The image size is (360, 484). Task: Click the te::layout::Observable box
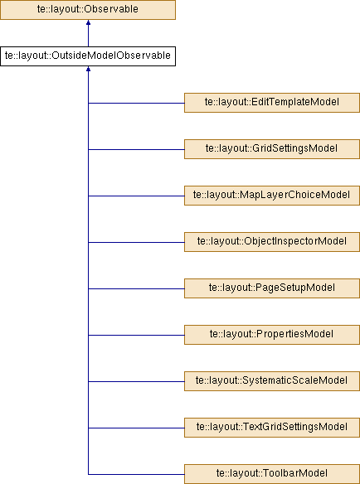88,10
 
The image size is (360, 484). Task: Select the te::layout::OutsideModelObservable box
88,56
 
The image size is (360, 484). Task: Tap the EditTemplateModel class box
272,103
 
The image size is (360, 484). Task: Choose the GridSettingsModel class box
272,149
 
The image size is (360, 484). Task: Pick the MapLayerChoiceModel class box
272,196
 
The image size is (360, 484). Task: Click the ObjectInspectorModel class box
272,242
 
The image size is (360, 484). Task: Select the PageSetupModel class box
272,288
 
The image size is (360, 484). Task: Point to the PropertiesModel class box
272,335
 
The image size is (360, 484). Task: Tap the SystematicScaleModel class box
272,381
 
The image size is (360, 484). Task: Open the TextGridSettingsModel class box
272,428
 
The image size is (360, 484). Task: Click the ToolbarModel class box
272,474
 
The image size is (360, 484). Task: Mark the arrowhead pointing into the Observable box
88,22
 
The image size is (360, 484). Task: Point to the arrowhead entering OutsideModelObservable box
88,69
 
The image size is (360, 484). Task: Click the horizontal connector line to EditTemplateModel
136,103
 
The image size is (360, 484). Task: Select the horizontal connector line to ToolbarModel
136,474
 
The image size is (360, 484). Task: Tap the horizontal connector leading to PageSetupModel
136,289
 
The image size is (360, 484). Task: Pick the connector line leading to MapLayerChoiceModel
136,196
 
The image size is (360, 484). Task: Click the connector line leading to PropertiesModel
136,335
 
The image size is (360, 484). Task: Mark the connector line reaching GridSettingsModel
136,150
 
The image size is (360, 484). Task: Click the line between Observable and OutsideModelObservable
88,33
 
